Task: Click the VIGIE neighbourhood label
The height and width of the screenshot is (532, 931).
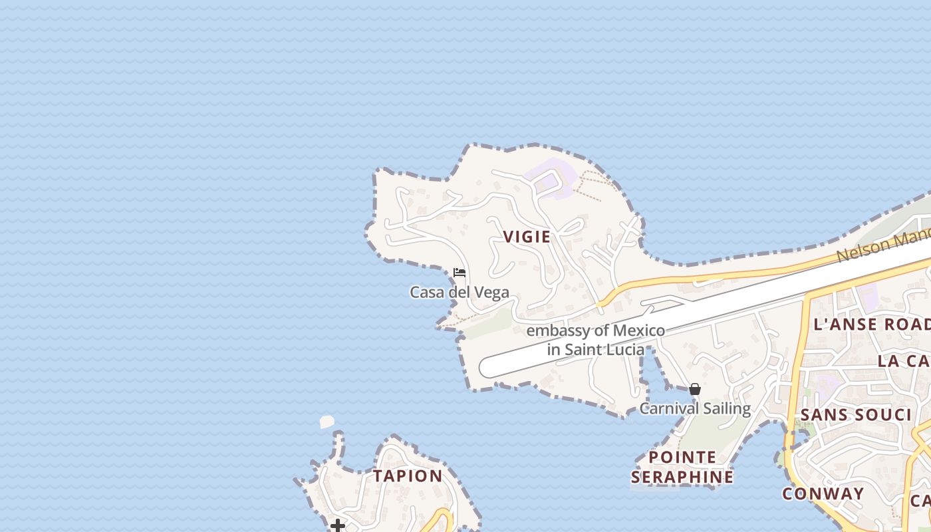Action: (527, 237)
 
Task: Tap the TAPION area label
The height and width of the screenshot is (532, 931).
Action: (408, 476)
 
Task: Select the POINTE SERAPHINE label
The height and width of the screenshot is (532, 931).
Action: (682, 467)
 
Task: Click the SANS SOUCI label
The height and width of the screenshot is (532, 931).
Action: (856, 415)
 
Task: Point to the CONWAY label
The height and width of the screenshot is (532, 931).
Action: (823, 494)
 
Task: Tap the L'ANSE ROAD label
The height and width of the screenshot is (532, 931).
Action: (872, 325)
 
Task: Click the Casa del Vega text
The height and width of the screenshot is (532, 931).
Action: (460, 292)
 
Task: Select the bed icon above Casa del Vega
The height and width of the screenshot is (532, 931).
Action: (459, 273)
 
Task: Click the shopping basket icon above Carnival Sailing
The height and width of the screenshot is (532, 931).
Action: (695, 389)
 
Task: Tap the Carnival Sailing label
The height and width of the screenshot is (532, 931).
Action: (695, 408)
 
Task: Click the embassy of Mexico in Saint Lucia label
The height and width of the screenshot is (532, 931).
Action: (596, 340)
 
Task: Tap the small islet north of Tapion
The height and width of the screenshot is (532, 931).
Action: (327, 422)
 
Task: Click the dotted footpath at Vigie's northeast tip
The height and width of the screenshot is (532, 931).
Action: (589, 182)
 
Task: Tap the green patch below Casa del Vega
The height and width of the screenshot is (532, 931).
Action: (489, 324)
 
